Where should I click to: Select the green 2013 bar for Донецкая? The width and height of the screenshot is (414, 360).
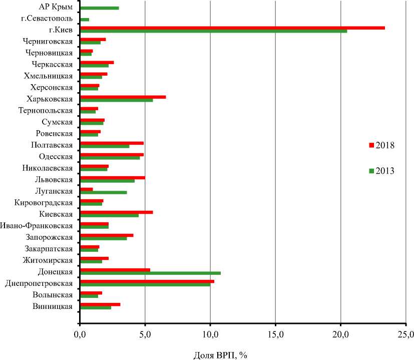[x=150, y=273]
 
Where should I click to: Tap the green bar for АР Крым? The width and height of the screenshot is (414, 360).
[x=99, y=8]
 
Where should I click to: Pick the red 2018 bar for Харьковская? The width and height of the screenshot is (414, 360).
[x=123, y=97]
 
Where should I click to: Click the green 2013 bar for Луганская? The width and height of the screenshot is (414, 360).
[x=103, y=192]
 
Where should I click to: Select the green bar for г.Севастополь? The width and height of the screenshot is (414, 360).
[x=85, y=20]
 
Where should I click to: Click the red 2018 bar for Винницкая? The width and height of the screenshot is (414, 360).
[x=100, y=304]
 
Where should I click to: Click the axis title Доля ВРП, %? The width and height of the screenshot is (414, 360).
[x=220, y=354]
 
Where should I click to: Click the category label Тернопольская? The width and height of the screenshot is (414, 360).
[x=46, y=110]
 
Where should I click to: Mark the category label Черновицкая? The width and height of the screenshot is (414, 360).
[x=48, y=53]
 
